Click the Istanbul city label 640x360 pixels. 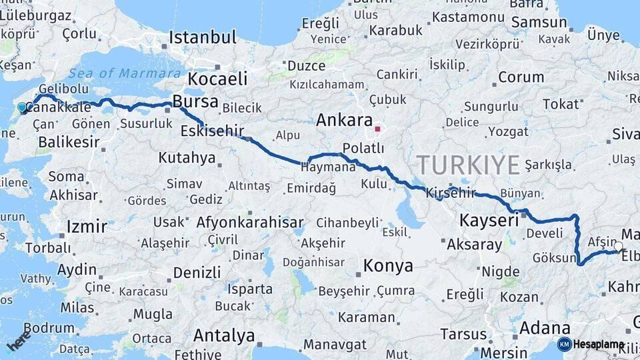pos(202,37)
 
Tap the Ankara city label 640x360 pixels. pos(343,121)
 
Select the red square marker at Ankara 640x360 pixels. pos(378,129)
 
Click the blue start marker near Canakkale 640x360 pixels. pos(22,107)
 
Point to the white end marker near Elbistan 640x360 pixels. pos(619,247)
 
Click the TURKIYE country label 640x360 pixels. pos(468,164)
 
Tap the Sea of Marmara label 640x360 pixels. pos(125,73)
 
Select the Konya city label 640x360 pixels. pos(387,267)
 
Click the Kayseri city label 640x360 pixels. pos(489,221)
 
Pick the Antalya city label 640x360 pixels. pos(223,335)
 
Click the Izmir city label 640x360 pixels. pos(87,227)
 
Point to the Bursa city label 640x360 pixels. pos(195,102)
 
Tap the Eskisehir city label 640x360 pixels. pos(212,131)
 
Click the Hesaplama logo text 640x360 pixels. pos(598,344)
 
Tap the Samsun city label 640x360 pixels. pos(539,23)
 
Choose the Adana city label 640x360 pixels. pos(544,328)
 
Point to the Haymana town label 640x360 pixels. pos(329,167)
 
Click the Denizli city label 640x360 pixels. pos(197,272)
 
